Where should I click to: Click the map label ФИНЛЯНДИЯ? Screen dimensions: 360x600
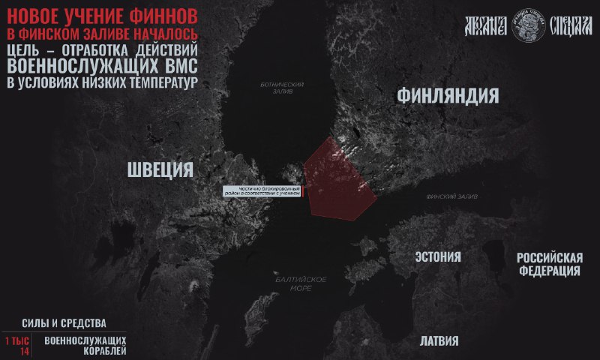[448, 96]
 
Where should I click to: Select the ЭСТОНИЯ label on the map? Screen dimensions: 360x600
[438, 257]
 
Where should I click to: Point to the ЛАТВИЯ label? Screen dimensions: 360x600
[439, 340]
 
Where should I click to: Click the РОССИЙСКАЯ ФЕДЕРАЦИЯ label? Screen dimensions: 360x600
[550, 264]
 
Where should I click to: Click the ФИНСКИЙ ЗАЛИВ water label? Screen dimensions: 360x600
[451, 196]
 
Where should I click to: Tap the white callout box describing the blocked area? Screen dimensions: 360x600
[262, 190]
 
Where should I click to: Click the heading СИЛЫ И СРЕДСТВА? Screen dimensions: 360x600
[64, 324]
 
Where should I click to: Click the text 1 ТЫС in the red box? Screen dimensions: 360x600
[16, 340]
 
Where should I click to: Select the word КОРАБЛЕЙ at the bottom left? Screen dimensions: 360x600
[85, 351]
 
